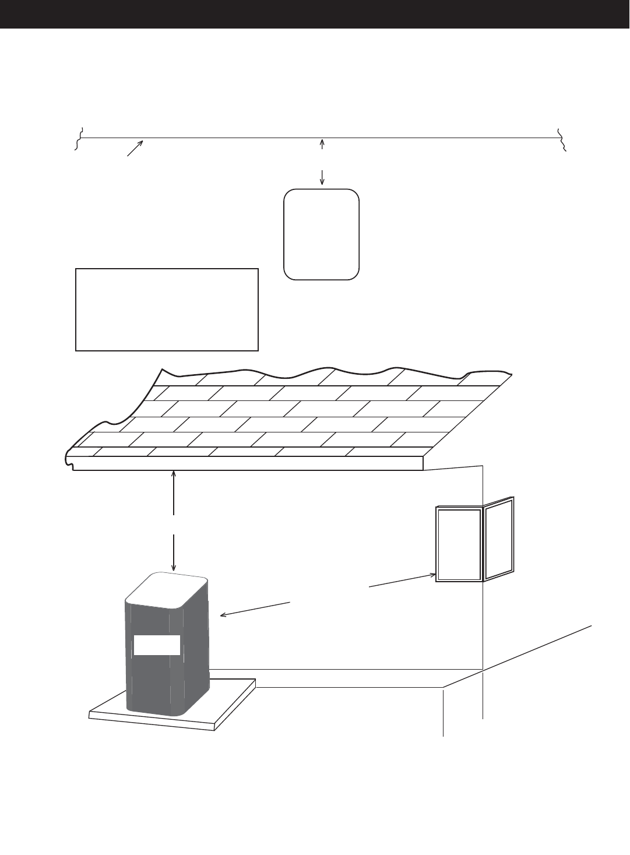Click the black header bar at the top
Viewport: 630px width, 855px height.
click(315, 14)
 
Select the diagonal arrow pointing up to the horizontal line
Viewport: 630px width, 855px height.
click(135, 148)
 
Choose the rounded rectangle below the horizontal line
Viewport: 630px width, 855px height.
click(321, 234)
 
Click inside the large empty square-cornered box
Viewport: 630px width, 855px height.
click(167, 309)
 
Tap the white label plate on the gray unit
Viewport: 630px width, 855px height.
click(157, 645)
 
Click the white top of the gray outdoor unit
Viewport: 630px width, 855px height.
click(167, 590)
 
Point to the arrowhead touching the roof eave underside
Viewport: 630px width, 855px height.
click(174, 474)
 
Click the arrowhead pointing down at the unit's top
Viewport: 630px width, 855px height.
click(174, 567)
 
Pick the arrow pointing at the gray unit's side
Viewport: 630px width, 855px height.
click(254, 608)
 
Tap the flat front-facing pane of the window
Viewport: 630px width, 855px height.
click(459, 544)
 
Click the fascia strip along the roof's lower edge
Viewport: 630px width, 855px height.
click(245, 463)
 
